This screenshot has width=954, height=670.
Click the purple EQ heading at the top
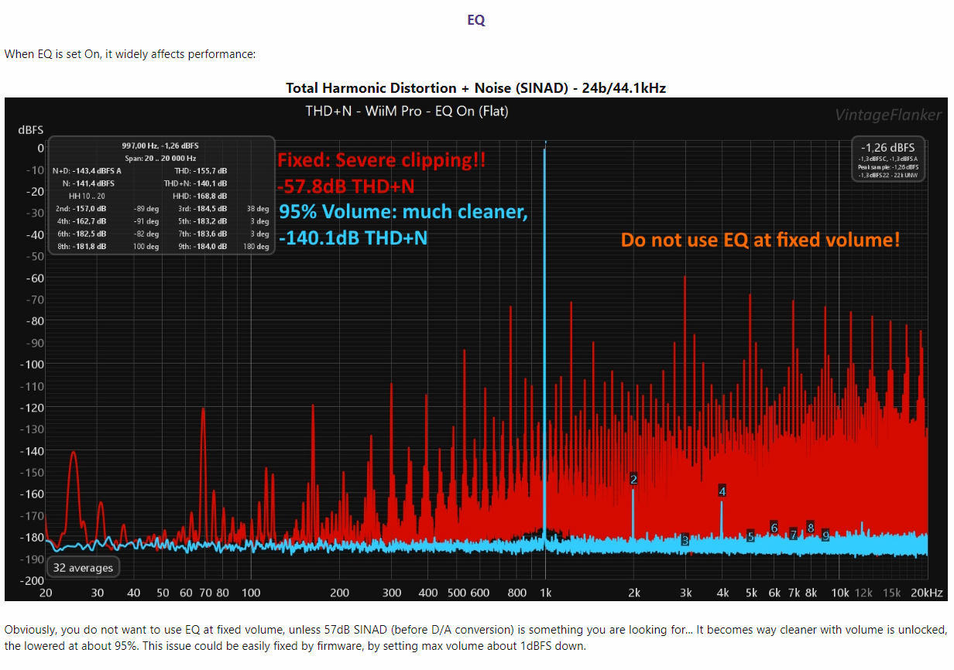(x=476, y=21)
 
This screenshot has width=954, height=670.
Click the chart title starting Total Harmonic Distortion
(x=475, y=88)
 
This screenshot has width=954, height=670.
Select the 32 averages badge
(x=83, y=568)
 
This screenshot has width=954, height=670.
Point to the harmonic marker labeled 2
(x=633, y=480)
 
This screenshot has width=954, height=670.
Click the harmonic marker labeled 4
(x=722, y=491)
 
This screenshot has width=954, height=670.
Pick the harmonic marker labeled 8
(x=810, y=528)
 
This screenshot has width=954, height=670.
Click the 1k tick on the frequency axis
(x=545, y=593)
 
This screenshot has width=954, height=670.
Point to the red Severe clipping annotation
(x=382, y=161)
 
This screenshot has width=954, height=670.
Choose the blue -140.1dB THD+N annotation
(x=353, y=238)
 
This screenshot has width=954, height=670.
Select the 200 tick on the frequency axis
(x=340, y=593)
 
